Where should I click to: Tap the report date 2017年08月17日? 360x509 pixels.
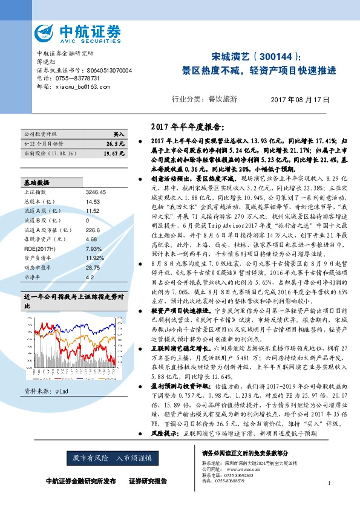pos(303,99)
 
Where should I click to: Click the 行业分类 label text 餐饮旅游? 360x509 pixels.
pos(222,99)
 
